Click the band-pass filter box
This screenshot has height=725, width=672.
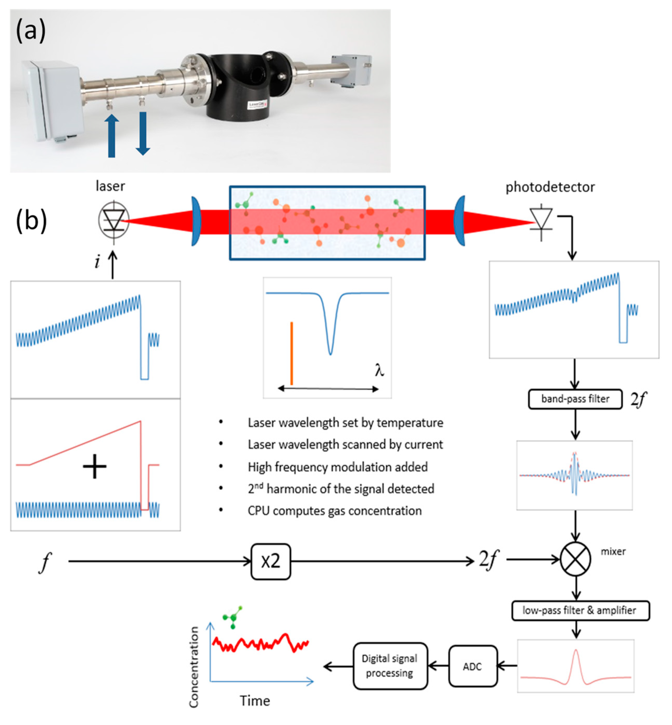point(575,399)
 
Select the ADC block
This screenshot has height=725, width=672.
point(473,666)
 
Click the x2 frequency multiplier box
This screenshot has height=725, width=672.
point(271,561)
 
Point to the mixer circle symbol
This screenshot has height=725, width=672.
point(575,559)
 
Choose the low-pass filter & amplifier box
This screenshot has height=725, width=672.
point(580,610)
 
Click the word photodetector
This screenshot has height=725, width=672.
point(550,187)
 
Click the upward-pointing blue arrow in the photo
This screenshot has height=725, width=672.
point(112,136)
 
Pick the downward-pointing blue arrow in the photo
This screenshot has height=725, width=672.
point(143,134)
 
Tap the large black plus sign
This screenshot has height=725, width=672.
point(95,466)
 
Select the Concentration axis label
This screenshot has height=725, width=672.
point(194,667)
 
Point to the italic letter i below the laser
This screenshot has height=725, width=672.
point(97,262)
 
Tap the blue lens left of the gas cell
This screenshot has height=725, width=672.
point(196,221)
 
